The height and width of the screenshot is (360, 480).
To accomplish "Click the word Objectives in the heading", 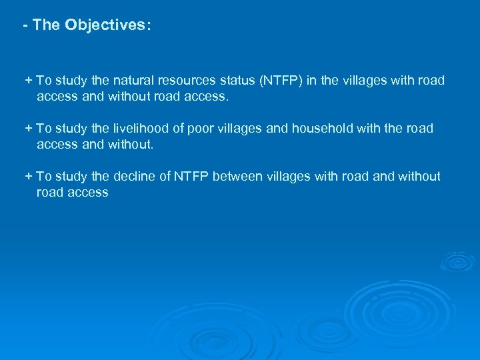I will click(108, 26).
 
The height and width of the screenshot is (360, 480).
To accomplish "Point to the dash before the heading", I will click(25, 26).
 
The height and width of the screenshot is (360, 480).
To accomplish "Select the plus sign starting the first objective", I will click(28, 81).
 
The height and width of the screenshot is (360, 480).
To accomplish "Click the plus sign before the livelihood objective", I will click(28, 128).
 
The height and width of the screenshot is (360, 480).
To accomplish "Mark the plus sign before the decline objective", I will click(28, 176).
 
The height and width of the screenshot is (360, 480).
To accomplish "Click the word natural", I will click(134, 81).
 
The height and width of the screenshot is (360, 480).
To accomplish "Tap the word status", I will click(239, 81).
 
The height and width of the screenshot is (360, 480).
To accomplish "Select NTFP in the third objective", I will click(191, 176).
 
